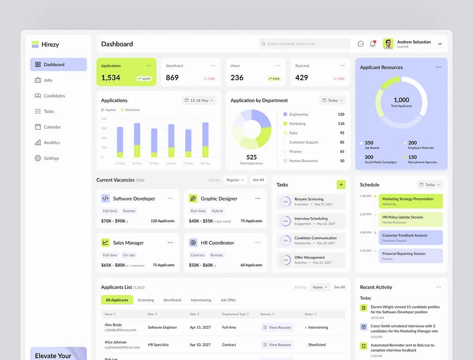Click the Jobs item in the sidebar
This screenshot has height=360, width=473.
tap(48, 80)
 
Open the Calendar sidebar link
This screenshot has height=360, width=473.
tap(52, 127)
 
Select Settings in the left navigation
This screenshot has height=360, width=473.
tap(51, 158)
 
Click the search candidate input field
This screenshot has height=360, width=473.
tap(304, 44)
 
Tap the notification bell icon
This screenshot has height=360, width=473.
tap(373, 44)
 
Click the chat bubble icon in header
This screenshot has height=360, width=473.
tap(361, 44)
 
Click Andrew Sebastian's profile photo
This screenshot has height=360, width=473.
tap(388, 44)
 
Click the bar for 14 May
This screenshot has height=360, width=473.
tap(137, 140)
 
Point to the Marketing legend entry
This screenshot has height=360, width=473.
tap(297, 124)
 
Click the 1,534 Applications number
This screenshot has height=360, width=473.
tap(111, 78)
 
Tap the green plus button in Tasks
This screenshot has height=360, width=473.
tap(341, 184)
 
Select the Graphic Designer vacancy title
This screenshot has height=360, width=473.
tap(219, 199)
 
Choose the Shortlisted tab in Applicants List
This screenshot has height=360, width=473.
tap(172, 300)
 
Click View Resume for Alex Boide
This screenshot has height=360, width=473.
tap(277, 327)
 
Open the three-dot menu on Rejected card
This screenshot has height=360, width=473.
tap(343, 66)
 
